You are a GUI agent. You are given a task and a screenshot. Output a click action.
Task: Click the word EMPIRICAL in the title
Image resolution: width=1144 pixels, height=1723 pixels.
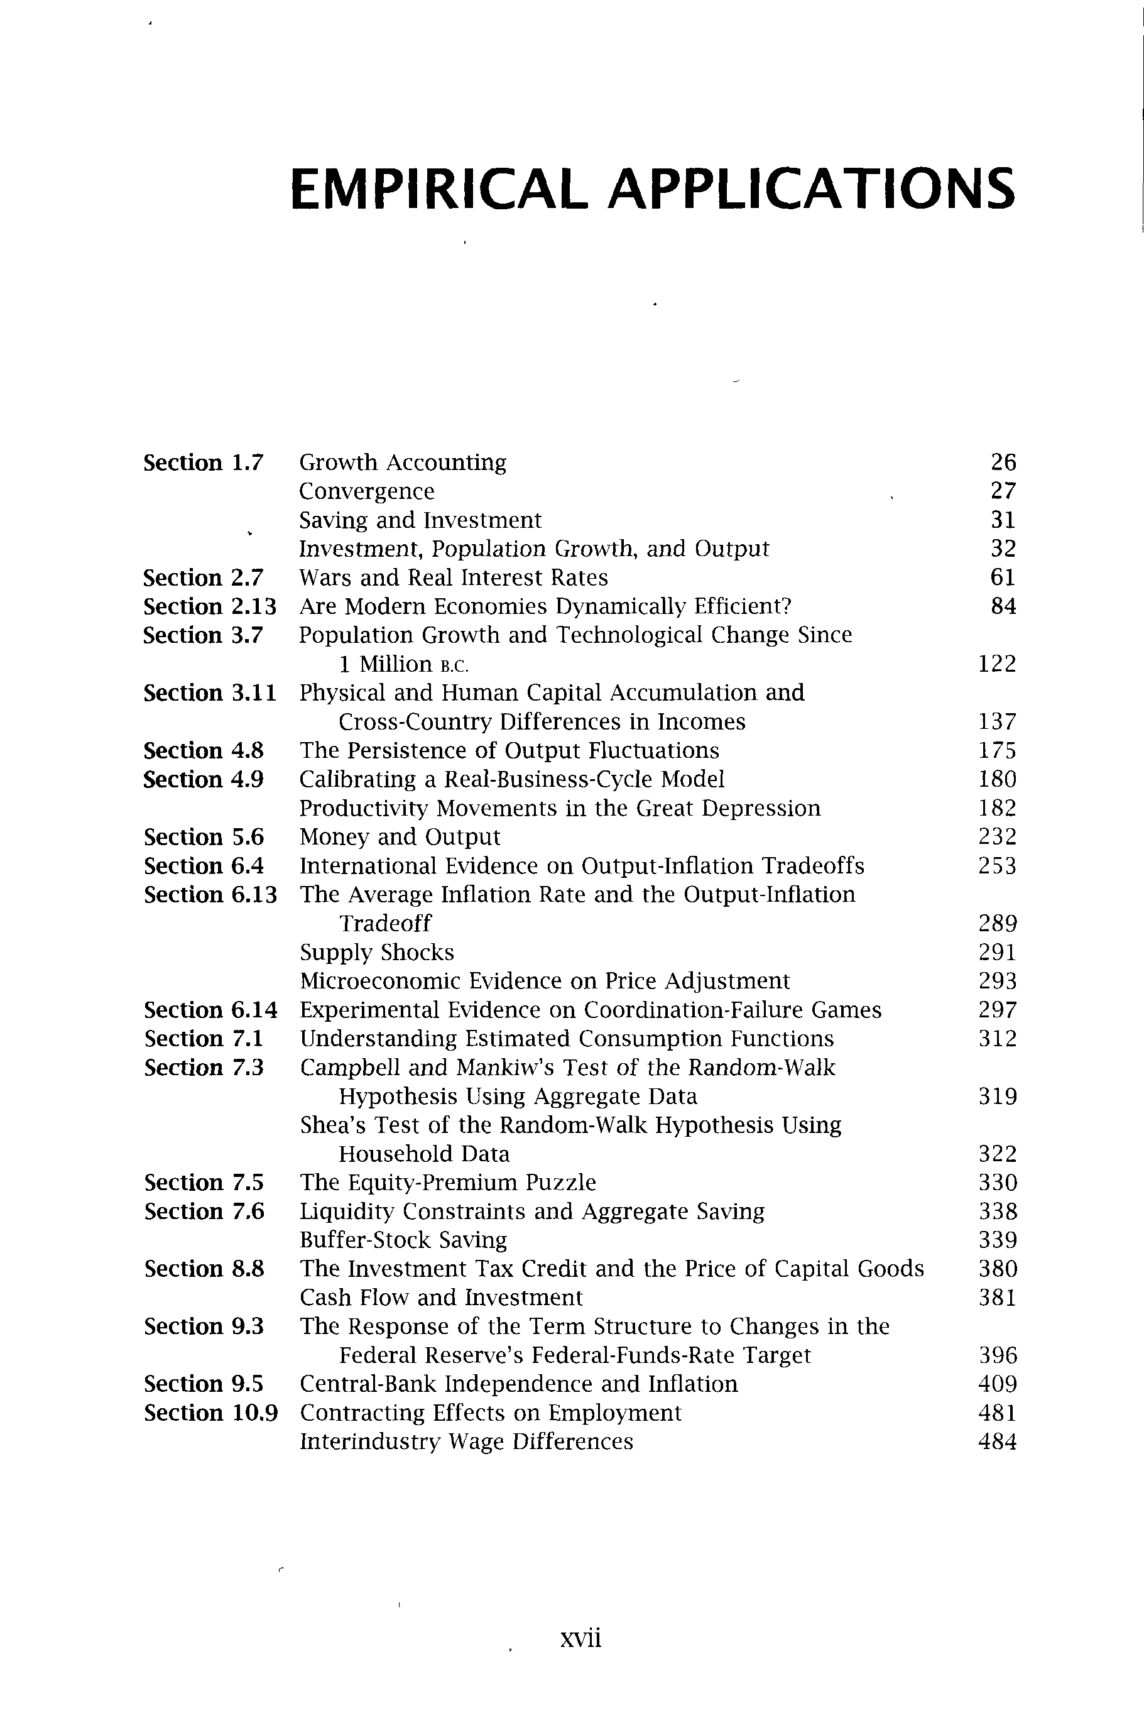437,189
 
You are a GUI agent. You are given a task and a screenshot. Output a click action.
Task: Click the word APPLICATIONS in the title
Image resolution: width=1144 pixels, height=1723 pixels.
810,189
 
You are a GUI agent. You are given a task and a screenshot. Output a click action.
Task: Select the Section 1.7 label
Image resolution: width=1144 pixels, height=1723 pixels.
203,462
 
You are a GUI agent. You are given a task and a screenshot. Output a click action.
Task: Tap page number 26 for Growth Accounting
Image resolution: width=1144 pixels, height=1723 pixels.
1003,462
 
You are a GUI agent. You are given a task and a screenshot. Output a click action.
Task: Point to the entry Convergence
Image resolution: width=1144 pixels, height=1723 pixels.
366,491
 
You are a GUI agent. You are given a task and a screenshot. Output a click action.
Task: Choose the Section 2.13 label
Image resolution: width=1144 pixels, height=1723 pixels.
209,606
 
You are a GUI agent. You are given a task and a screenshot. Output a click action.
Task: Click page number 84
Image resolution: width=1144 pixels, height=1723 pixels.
1003,606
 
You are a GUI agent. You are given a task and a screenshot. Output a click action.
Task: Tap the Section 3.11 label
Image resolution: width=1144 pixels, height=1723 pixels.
209,692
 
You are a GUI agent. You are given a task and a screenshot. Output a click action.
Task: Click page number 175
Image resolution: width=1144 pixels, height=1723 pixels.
996,750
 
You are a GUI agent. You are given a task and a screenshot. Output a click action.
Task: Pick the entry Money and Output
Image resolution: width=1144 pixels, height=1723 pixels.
400,836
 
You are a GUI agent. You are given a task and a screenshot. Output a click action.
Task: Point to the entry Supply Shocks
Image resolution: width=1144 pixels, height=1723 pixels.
376,953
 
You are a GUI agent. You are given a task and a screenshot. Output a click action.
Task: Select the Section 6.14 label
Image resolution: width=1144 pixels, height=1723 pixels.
210,1010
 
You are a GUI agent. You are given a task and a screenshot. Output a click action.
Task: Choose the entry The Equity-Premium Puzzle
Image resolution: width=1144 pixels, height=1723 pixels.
447,1182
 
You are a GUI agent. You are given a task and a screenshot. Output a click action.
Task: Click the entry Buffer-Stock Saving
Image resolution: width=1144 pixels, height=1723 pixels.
403,1240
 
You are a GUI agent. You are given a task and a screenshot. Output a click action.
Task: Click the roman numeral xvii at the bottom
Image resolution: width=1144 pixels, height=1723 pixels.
580,1638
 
